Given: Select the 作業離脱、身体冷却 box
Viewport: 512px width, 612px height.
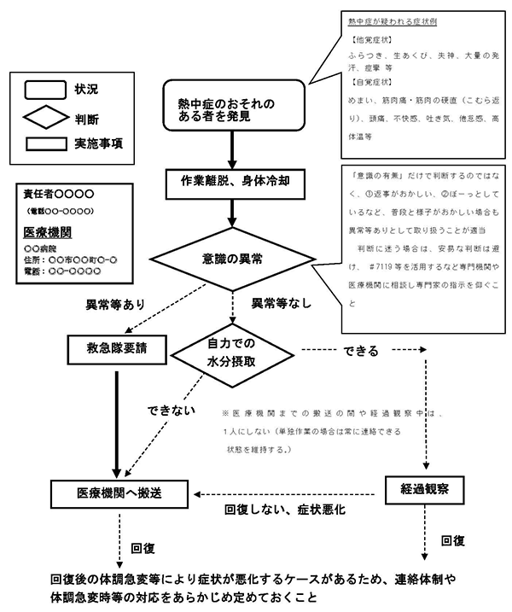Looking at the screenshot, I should (x=231, y=181).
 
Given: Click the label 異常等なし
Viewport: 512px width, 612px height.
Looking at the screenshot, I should (x=281, y=303).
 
